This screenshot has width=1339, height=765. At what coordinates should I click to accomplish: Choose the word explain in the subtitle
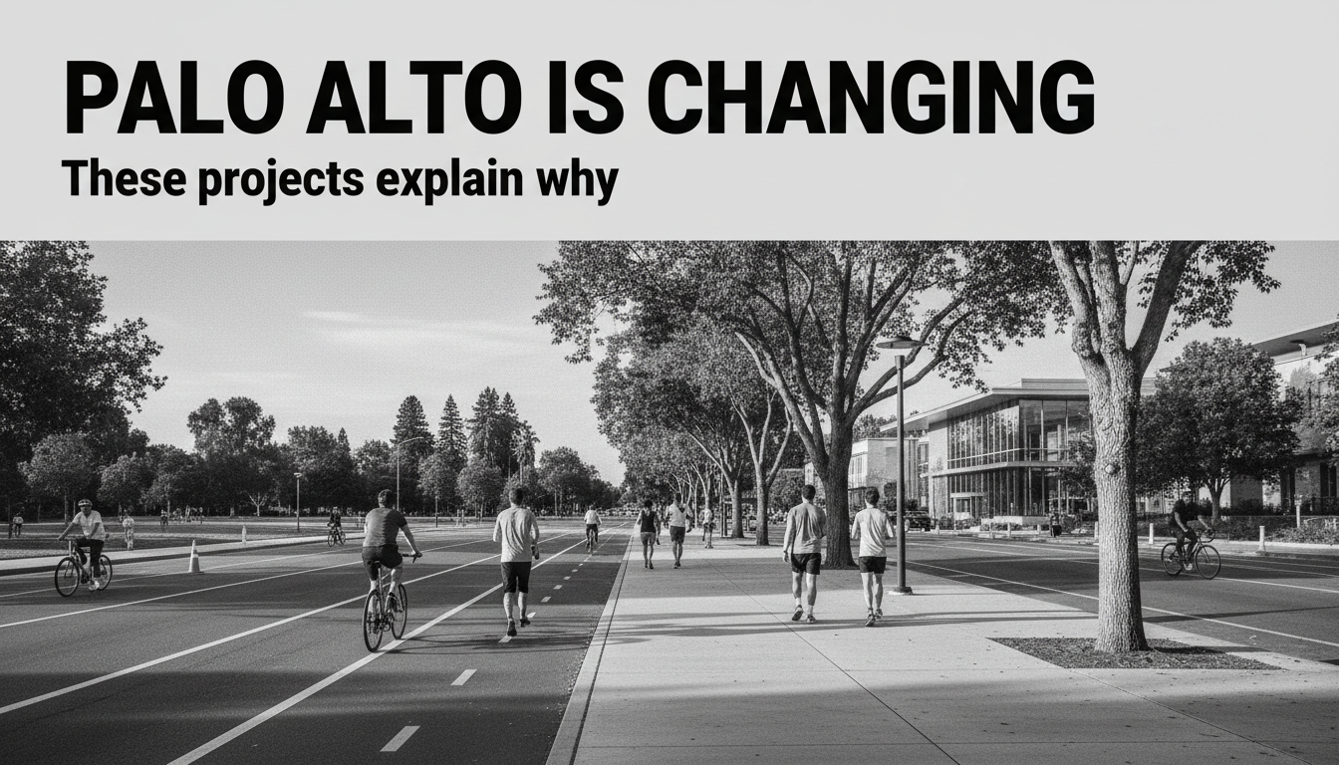point(449,180)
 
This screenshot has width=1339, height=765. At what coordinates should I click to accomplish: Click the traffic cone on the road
point(194,557)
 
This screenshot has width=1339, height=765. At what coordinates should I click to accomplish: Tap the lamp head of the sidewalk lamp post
point(899,344)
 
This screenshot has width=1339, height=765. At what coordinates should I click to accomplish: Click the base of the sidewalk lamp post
point(901,590)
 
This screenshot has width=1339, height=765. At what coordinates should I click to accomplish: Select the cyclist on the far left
point(84,548)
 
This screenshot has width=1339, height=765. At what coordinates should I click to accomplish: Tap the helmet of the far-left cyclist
point(86,503)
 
